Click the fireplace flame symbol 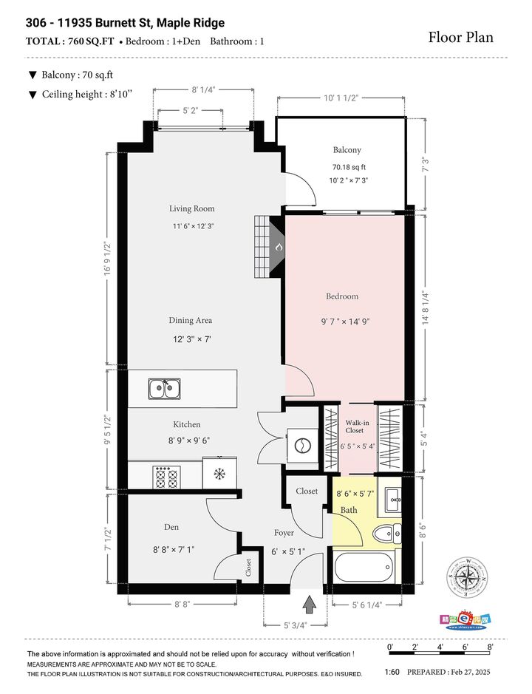tap(279, 247)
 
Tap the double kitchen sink tap(164, 389)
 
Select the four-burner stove tap(167, 477)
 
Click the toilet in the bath tap(387, 534)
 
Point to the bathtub tap(364, 567)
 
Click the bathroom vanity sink tap(393, 500)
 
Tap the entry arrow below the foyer tap(310, 604)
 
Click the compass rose tap(466, 578)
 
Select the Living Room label tap(191, 208)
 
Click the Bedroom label tap(342, 296)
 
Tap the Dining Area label tap(191, 320)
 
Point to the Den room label tap(171, 527)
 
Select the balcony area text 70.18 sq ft tap(349, 167)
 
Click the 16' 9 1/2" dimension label tap(107, 259)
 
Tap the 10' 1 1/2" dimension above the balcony tap(341, 98)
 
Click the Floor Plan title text tap(461, 37)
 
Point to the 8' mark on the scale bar tap(491, 647)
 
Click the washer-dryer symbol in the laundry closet tap(302, 446)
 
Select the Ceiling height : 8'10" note tap(80, 95)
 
